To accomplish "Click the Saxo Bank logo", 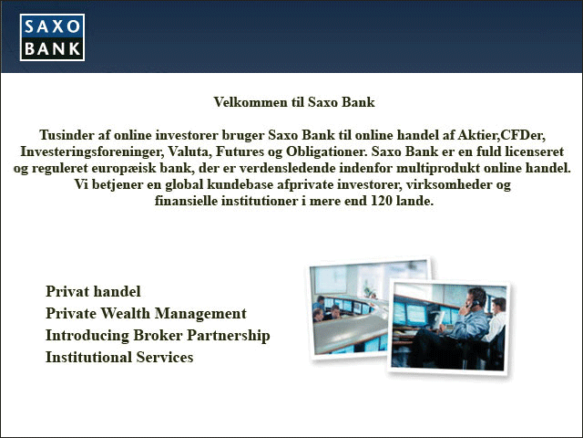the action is pyautogui.click(x=52, y=37).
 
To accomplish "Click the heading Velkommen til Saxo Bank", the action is pyautogui.click(x=294, y=102).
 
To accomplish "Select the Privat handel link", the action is pyautogui.click(x=93, y=291).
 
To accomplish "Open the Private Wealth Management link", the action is pyautogui.click(x=146, y=314).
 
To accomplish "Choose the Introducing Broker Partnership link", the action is pyautogui.click(x=158, y=336).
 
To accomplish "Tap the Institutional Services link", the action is pyautogui.click(x=119, y=357).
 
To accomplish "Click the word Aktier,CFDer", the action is pyautogui.click(x=502, y=135).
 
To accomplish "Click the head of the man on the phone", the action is pyautogui.click(x=477, y=297).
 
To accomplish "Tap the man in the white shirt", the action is pyautogui.click(x=496, y=321).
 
